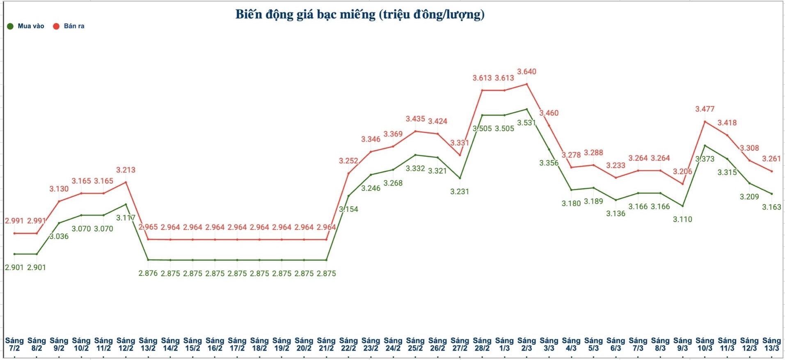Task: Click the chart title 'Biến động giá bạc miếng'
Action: click(359, 14)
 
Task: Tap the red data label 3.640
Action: click(526, 72)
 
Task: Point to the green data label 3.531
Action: click(526, 123)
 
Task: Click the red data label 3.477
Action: click(705, 109)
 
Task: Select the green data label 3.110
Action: click(682, 219)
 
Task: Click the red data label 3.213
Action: click(126, 170)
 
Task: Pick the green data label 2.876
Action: click(148, 273)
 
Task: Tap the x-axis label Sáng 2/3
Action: click(526, 344)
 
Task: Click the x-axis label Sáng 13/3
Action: click(771, 344)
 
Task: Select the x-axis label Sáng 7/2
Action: click(14, 344)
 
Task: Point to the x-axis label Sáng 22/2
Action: click(348, 344)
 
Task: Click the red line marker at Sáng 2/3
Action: click(526, 84)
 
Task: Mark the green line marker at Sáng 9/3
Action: click(682, 206)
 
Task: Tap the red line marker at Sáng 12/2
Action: click(126, 182)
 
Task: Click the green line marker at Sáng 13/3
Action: click(771, 194)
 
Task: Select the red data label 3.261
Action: click(771, 159)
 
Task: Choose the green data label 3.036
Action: click(59, 236)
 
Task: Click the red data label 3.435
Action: click(415, 119)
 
